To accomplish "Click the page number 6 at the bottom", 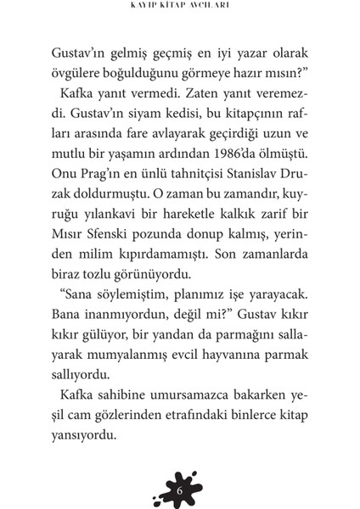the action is (180, 467).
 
